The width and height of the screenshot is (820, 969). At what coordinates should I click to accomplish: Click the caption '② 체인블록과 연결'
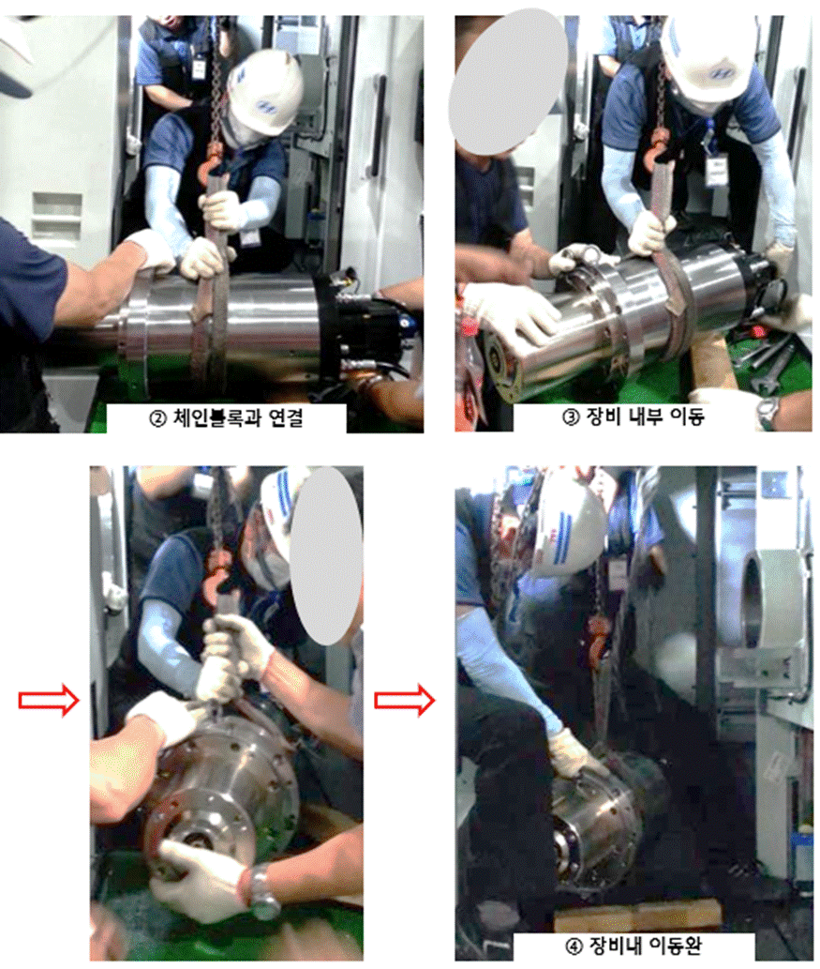[226, 417]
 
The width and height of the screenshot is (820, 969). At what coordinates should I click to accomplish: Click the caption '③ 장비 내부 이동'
[634, 416]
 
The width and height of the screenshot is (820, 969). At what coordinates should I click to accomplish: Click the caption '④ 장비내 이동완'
[634, 946]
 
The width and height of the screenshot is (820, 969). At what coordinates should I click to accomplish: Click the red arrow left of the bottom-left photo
[50, 700]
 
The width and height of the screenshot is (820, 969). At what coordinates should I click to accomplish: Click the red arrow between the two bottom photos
[405, 700]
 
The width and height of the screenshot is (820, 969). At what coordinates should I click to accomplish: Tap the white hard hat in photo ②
[265, 92]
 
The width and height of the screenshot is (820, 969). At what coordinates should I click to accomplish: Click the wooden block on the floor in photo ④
[638, 916]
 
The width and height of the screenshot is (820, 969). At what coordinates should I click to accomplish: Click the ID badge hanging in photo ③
[716, 170]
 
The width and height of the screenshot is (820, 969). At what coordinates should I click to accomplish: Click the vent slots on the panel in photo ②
[57, 217]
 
